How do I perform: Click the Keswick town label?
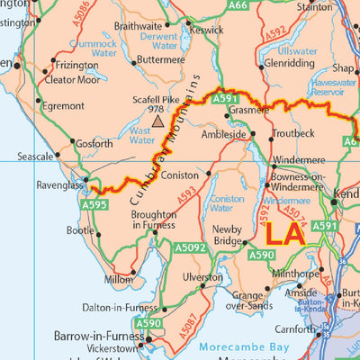tap(206, 28)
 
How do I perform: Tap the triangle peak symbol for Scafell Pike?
tap(158, 119)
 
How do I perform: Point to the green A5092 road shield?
tap(190, 247)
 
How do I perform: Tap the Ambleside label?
tap(223, 134)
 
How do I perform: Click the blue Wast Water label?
tap(141, 135)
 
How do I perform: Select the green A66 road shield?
tap(238, 5)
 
